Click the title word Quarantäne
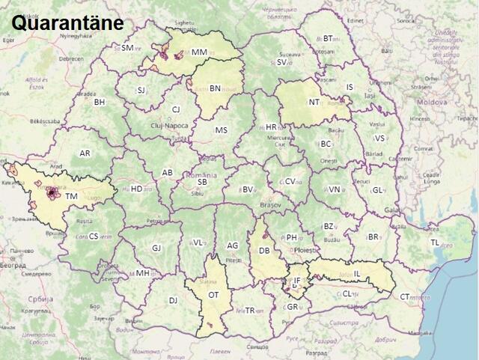(67, 22)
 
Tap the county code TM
(71, 197)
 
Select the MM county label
(199, 52)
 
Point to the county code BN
(215, 88)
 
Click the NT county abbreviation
(314, 103)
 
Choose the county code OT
(213, 295)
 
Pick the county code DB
(264, 251)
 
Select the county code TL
(435, 242)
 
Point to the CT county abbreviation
(405, 296)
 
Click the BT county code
(328, 39)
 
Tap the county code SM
(127, 48)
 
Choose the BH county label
(100, 102)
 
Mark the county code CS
(94, 236)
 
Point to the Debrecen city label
(72, 58)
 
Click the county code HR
(271, 127)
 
